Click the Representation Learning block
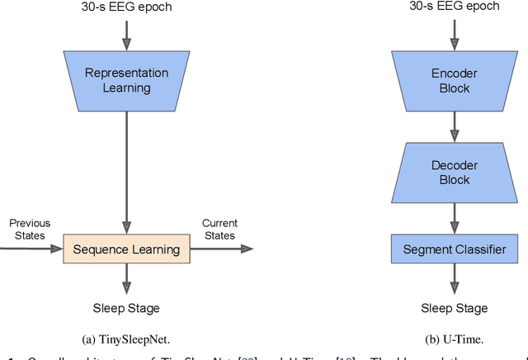pyautogui.click(x=126, y=79)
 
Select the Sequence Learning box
pyautogui.click(x=126, y=249)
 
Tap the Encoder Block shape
pyautogui.click(x=455, y=81)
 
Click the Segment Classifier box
pyautogui.click(x=455, y=249)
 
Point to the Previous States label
pyautogui.click(x=30, y=229)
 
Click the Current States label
pyautogui.click(x=219, y=229)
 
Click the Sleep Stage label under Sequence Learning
pyautogui.click(x=126, y=308)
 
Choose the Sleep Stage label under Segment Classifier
pyautogui.click(x=455, y=308)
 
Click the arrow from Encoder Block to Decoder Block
pyautogui.click(x=455, y=126)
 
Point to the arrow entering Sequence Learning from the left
pyautogui.click(x=33, y=249)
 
